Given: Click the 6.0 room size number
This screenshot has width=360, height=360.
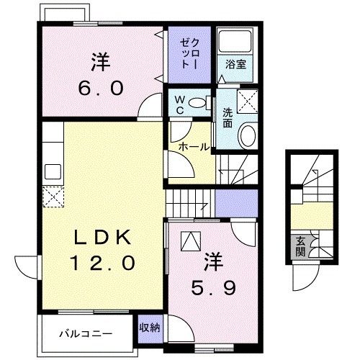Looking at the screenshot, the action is tap(101, 88).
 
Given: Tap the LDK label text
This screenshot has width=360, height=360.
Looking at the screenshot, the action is tap(103, 238).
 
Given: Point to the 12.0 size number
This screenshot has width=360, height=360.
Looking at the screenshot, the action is tap(102, 263).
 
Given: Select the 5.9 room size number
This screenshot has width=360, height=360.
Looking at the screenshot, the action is tap(213, 287).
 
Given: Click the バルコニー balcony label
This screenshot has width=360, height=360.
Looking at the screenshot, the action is tap(86, 334).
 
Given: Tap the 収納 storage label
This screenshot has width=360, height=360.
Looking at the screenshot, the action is tap(150, 328).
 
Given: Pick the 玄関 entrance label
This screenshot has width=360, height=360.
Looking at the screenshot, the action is tap(300, 246).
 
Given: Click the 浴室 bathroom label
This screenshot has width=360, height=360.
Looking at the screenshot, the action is tap(235, 64).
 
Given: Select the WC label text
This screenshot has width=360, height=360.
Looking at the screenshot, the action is tap(179, 104).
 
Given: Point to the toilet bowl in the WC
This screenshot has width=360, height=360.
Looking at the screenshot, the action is tap(197, 103).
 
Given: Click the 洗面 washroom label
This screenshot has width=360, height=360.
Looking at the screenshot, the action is tap(228, 117).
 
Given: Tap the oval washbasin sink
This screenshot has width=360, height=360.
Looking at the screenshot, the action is tap(248, 135).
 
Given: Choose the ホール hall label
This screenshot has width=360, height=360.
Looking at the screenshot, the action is tap(194, 147).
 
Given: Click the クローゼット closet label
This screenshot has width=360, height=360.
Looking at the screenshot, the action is tap(189, 54).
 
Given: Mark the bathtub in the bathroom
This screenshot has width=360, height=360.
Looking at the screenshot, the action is tap(235, 40).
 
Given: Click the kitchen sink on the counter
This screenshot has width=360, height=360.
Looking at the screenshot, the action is tap(53, 171).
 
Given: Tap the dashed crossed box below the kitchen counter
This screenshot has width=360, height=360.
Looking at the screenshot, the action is tap(53, 197).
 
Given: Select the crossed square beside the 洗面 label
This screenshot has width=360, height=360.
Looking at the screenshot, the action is tap(248, 101).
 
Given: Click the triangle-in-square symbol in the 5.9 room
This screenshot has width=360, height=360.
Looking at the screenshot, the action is tap(191, 241).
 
